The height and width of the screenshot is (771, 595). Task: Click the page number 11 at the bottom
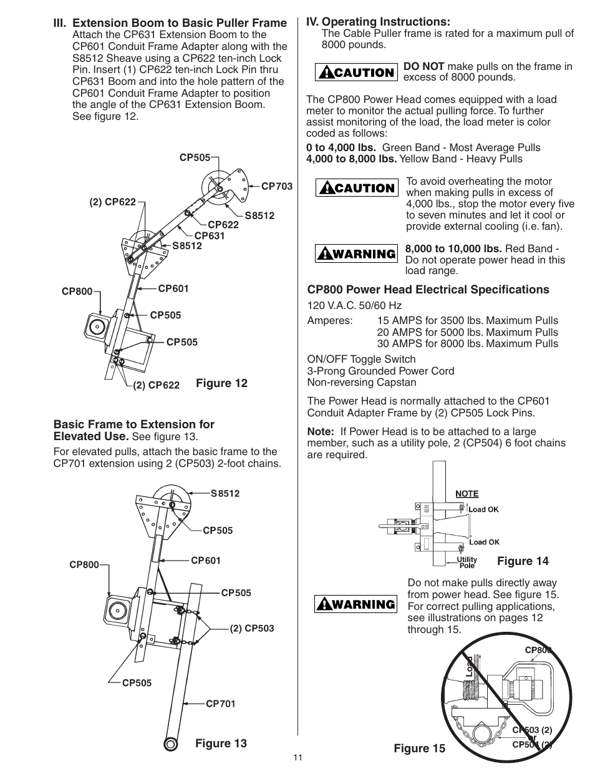[297, 758]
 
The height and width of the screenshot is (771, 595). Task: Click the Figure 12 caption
[221, 383]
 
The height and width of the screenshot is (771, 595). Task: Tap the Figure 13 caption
[221, 743]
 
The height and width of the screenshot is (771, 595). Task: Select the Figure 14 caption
[523, 561]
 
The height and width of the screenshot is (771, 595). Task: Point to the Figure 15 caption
[419, 748]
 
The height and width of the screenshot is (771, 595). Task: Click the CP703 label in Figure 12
[276, 186]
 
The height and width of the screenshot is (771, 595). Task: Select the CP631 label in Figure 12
[209, 235]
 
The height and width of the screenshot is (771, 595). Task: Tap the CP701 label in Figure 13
[221, 704]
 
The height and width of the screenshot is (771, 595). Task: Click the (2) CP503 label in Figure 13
[252, 629]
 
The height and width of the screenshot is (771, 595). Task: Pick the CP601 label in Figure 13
[206, 561]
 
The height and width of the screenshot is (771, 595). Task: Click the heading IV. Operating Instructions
[377, 22]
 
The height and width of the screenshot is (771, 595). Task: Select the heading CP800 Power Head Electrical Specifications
[428, 290]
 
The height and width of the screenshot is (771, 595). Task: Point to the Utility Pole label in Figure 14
[467, 562]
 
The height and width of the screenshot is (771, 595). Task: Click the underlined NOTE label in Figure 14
[467, 493]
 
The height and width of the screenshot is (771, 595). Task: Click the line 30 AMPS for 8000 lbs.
[467, 343]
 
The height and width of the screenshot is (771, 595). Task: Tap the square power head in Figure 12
[98, 326]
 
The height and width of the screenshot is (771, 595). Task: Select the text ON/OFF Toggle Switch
[361, 359]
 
